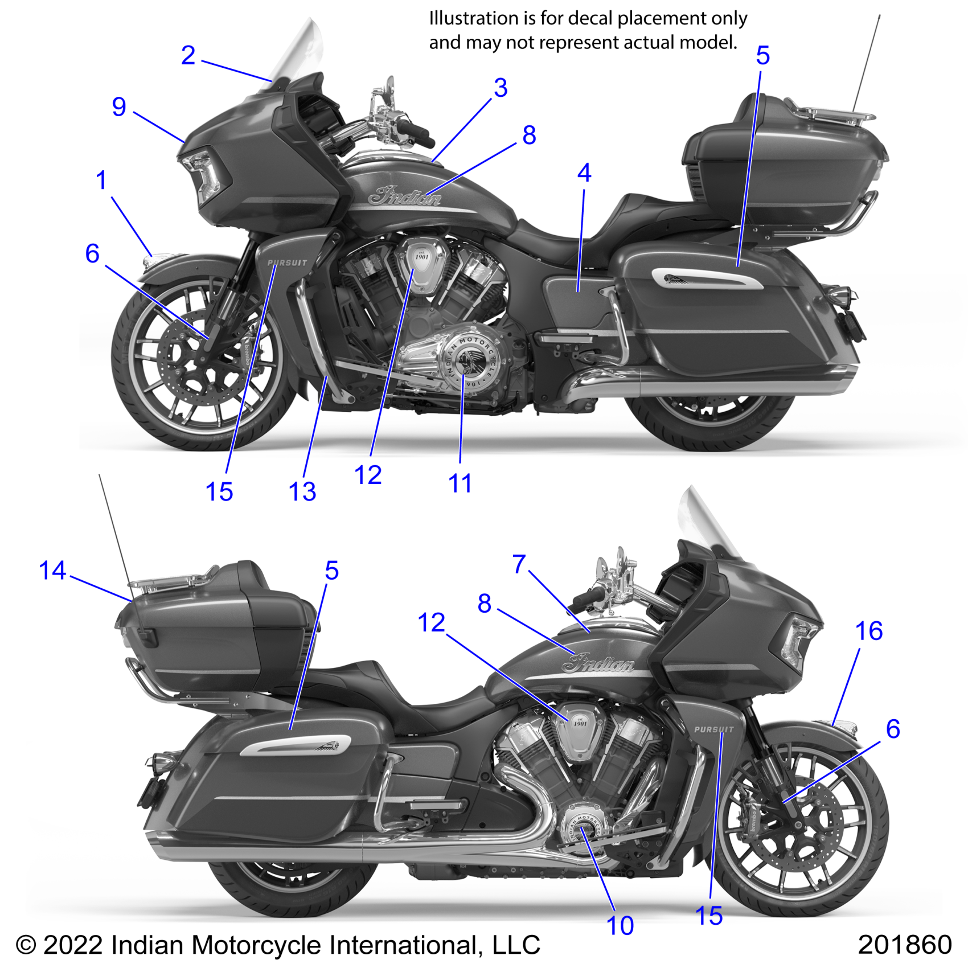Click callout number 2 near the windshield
(188, 56)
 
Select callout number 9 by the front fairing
(119, 107)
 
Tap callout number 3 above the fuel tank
(501, 88)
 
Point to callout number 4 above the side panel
(584, 173)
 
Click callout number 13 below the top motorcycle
(302, 492)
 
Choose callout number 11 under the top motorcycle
(460, 484)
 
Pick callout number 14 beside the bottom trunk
(52, 571)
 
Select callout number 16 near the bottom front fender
(869, 631)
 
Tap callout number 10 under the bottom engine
(620, 926)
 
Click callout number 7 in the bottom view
(519, 564)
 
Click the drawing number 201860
(904, 945)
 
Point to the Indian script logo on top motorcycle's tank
(404, 196)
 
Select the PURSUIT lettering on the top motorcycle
(288, 263)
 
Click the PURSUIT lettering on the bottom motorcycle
(714, 729)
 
